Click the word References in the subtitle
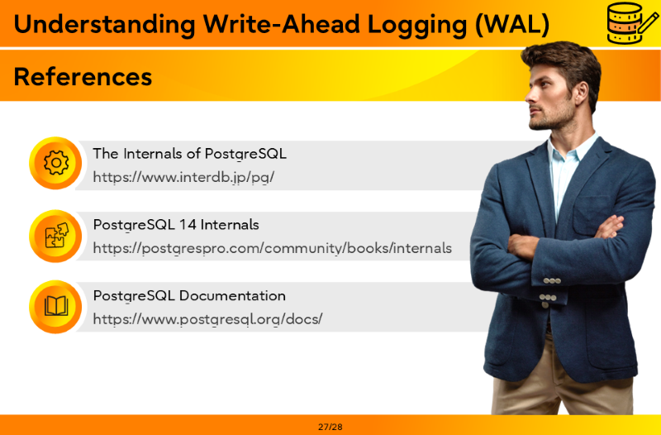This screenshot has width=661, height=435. pos(83,77)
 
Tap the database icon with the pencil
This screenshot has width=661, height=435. pos(632,23)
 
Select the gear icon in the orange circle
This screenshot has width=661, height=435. pos(55,163)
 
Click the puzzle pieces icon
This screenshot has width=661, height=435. pos(56,235)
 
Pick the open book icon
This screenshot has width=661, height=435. pos(56,306)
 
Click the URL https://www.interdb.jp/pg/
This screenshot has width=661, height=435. pos(183,177)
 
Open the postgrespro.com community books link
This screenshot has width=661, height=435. pos(273,248)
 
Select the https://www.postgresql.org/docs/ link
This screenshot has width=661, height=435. pos(207,319)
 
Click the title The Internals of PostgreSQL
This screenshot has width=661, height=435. pos(189,154)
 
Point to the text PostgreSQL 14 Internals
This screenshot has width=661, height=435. pos(176,224)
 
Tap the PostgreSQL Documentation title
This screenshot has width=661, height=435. pos(189,295)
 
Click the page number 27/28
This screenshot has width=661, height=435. pos(330,427)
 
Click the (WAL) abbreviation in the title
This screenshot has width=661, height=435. pos(512,25)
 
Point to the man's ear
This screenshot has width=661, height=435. pos(582,93)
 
